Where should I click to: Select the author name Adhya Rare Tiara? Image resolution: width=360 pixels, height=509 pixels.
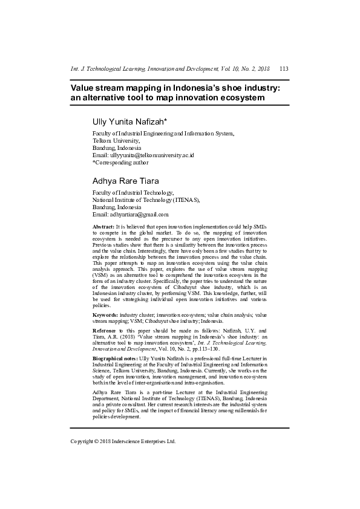tap(126, 181)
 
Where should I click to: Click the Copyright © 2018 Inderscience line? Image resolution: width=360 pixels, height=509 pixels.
tap(123, 441)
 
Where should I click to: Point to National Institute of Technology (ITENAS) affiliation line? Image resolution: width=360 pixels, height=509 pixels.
tap(146, 199)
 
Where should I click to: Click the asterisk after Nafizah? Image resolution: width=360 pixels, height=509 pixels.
tap(173, 121)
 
